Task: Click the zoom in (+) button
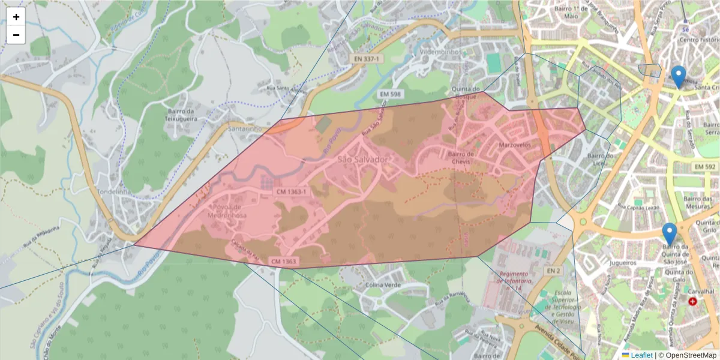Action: click(x=16, y=17)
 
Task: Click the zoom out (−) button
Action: click(x=16, y=35)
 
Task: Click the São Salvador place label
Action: click(x=363, y=160)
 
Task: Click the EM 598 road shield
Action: click(x=390, y=94)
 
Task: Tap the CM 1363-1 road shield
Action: click(x=291, y=191)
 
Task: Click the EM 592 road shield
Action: click(x=705, y=166)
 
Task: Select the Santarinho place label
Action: click(x=245, y=128)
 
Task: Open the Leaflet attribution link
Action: click(x=641, y=355)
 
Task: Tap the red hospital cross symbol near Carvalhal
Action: click(x=694, y=301)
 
